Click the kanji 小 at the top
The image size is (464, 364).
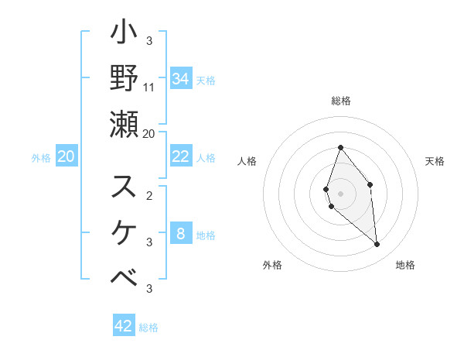tap(125, 36)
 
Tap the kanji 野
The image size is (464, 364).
tap(125, 78)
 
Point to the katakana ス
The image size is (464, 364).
tap(125, 186)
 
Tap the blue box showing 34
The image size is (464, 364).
tap(181, 78)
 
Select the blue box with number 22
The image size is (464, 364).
tap(181, 156)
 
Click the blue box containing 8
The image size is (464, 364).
tap(181, 234)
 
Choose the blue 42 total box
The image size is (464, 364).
tap(124, 326)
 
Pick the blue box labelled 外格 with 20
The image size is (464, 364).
tap(67, 156)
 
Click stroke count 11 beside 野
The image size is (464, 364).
tap(150, 87)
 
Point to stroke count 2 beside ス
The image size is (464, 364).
tap(149, 195)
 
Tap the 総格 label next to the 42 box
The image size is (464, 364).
tap(148, 328)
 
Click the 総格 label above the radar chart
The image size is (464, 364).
tap(340, 101)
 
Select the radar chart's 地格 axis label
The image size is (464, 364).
tap(405, 265)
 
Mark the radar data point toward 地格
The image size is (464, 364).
tap(377, 245)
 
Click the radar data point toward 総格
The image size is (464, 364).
tap(340, 147)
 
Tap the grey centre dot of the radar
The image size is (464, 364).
tap(340, 193)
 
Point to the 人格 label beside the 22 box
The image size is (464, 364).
tap(206, 158)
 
